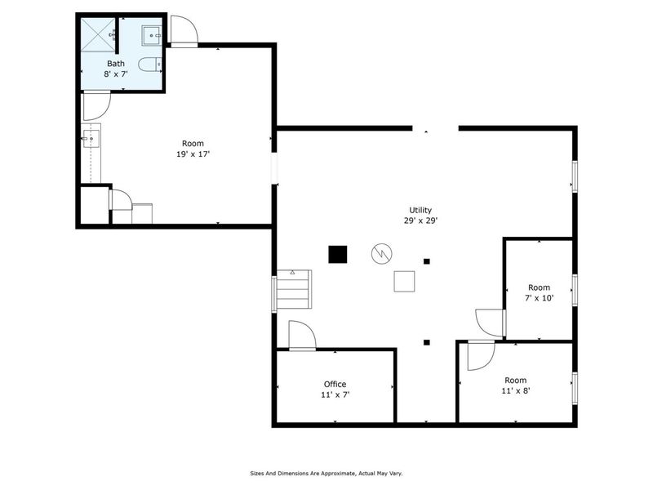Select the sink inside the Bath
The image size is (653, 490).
point(152,35)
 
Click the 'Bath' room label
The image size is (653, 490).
point(115,63)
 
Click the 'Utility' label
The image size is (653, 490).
point(420,210)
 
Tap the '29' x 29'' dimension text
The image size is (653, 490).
point(420,220)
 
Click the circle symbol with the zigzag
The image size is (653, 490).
point(380,253)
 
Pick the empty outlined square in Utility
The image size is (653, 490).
point(405,281)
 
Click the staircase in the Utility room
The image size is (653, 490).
point(295,289)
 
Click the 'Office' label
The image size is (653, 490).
point(335,384)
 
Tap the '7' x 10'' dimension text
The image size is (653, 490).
point(539,298)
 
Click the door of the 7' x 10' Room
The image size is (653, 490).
point(491,323)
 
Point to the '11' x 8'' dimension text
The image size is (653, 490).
point(515,390)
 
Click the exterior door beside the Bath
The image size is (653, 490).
point(184,31)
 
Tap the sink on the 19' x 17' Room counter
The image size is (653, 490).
point(91,139)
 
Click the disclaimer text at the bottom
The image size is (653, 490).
point(326,473)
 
